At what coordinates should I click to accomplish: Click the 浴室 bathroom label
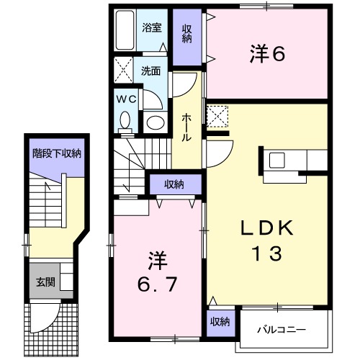click(x=151, y=28)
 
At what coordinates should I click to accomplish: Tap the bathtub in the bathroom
click(x=125, y=30)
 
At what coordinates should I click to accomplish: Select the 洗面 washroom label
click(x=150, y=71)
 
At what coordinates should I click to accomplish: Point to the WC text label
click(x=127, y=99)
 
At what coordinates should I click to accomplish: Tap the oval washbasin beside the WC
click(x=156, y=122)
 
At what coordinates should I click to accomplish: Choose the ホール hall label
click(x=186, y=127)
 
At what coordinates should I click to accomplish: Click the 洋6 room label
click(x=267, y=54)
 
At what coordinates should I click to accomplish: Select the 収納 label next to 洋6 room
click(x=187, y=34)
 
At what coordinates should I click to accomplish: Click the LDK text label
click(x=267, y=228)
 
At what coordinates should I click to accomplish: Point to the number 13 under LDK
click(x=267, y=253)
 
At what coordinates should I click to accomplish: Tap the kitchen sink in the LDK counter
click(x=276, y=160)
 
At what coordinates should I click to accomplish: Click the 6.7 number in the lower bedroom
click(x=157, y=284)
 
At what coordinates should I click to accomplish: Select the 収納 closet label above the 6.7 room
click(x=174, y=184)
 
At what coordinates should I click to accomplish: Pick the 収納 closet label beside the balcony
click(x=220, y=322)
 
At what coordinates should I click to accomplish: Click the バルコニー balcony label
click(x=282, y=330)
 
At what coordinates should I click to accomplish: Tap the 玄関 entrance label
click(x=45, y=282)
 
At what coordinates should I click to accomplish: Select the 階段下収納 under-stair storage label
click(x=57, y=153)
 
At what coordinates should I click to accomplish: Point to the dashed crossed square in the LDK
click(x=217, y=117)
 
